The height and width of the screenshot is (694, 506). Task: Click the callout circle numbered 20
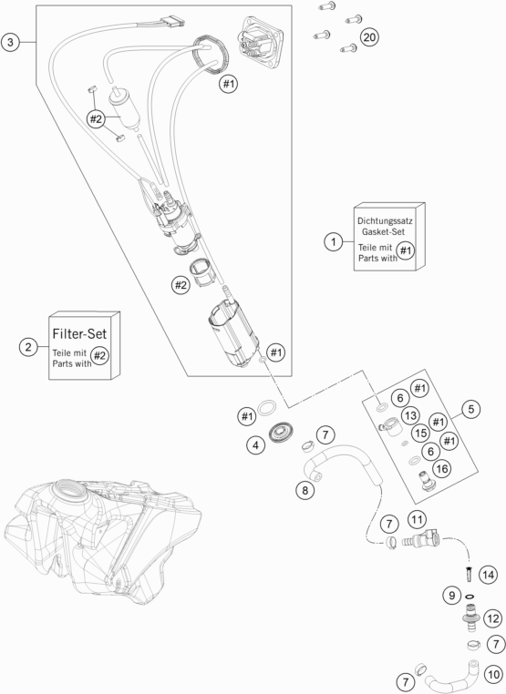click(369, 36)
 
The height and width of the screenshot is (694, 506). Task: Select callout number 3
click(10, 43)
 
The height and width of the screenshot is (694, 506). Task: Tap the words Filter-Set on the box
click(79, 333)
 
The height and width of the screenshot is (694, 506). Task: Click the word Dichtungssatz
click(385, 220)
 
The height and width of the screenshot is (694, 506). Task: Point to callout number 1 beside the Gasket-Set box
click(333, 241)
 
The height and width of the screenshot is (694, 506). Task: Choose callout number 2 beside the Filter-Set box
click(28, 346)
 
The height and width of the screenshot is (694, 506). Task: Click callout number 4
click(255, 444)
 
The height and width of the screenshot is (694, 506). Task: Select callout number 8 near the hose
click(305, 490)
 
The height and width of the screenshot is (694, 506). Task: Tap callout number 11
click(417, 519)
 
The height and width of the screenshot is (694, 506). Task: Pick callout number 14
click(488, 575)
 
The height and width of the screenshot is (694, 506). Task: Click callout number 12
click(492, 618)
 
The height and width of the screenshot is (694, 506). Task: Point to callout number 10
click(493, 675)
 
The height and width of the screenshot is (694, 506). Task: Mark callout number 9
click(451, 595)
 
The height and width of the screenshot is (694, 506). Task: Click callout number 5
click(470, 409)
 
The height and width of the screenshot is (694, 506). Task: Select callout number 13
click(411, 415)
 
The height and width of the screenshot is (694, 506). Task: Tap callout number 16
click(442, 468)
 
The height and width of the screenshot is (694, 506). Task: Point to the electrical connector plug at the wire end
click(172, 21)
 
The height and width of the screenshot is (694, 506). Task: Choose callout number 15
click(420, 433)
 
